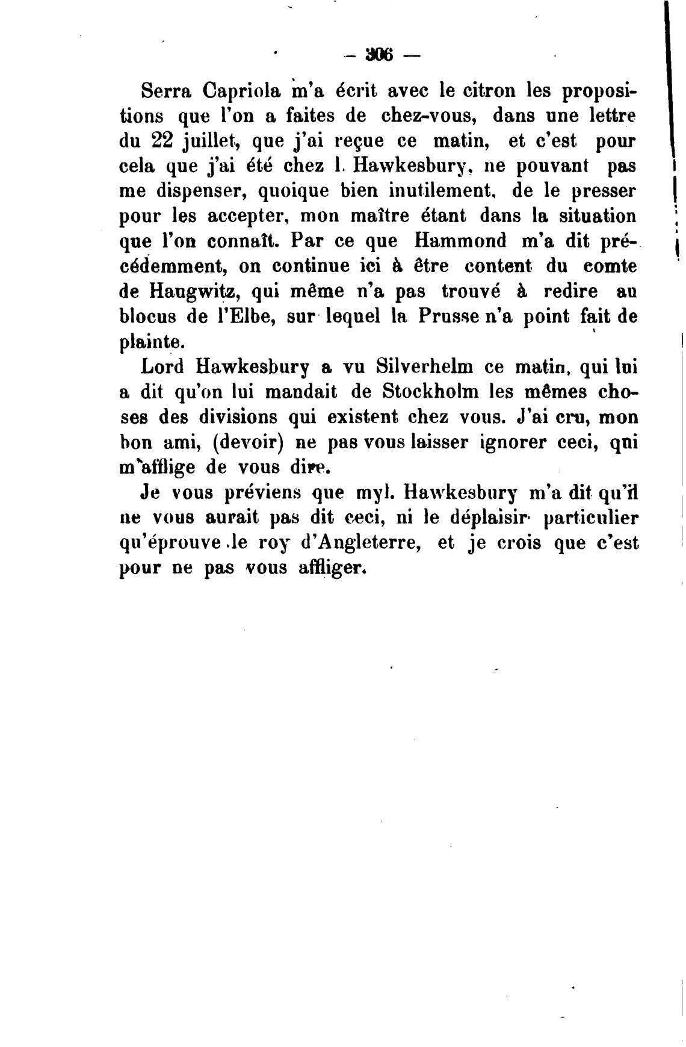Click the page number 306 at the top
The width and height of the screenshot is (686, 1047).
[x=378, y=56]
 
